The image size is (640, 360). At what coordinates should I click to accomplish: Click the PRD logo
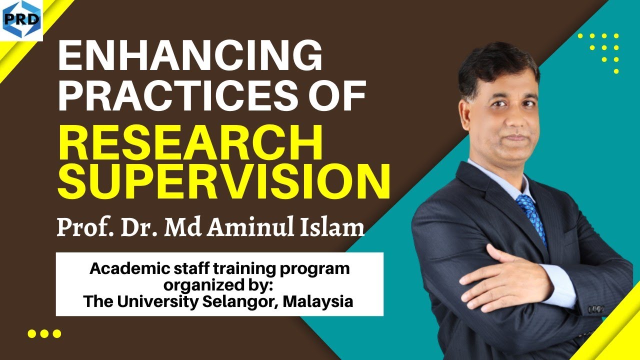(21, 20)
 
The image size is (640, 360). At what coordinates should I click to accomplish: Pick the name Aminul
(250, 227)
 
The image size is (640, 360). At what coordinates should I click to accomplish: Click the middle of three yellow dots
(45, 333)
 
